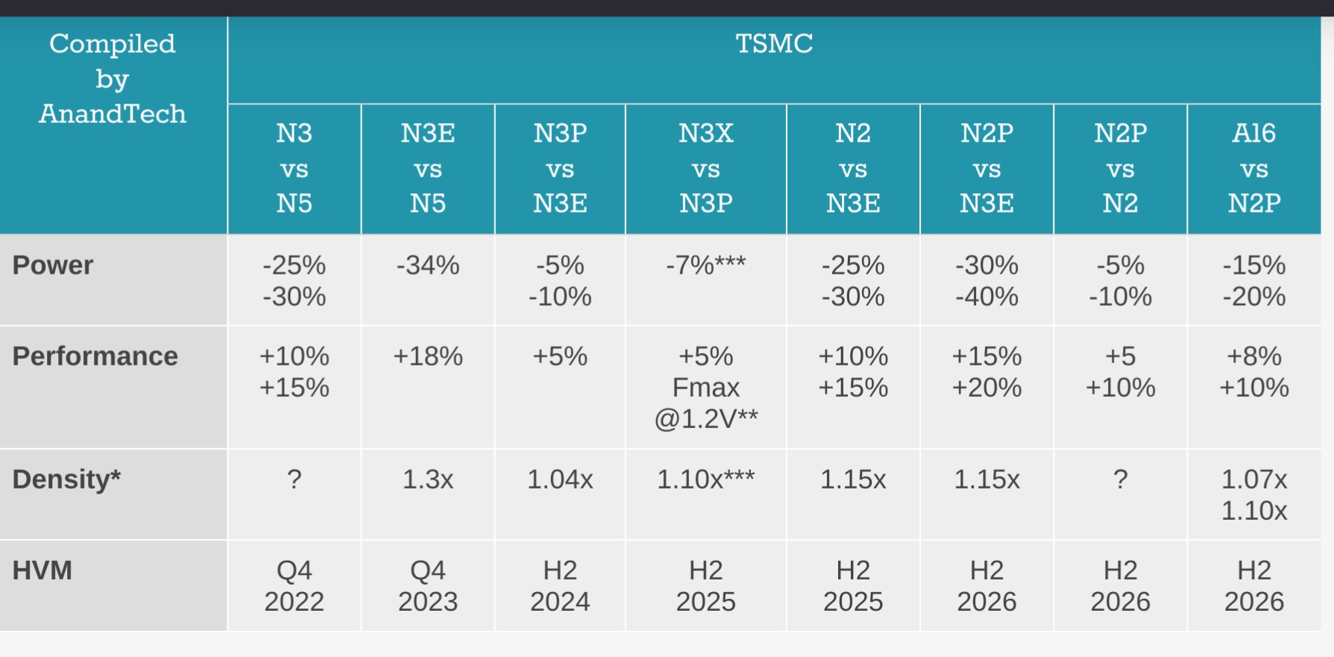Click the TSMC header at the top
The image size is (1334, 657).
tap(774, 44)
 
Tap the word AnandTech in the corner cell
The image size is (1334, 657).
tap(113, 114)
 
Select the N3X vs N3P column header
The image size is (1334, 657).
tap(705, 168)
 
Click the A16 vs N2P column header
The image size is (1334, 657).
tap(1253, 168)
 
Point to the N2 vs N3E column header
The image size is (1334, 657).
tap(852, 168)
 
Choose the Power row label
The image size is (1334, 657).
tap(53, 265)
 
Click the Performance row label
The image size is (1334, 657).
tap(95, 356)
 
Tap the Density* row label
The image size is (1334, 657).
tap(66, 480)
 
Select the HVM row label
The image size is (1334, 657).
tap(43, 570)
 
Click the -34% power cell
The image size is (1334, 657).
tap(427, 265)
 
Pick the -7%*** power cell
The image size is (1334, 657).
tap(705, 265)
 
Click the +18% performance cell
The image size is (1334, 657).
tap(427, 356)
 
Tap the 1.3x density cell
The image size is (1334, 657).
tap(427, 480)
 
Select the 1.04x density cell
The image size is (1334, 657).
tap(559, 480)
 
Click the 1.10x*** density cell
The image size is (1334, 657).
tap(705, 480)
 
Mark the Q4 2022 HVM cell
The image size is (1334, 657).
tap(294, 586)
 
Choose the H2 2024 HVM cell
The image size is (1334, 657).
tap(559, 586)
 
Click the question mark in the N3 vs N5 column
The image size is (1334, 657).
tap(294, 480)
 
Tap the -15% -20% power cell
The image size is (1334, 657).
tap(1253, 281)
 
